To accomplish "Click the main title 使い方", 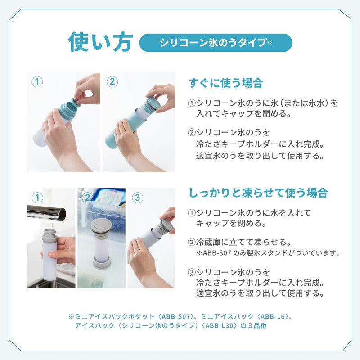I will point(100,42).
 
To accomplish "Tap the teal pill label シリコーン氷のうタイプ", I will point(216,43).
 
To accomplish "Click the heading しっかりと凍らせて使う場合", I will point(258,193).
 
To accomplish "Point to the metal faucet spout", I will point(47,211).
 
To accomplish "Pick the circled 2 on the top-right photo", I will point(113,81).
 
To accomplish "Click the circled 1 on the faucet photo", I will point(37,197).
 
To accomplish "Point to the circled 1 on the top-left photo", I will point(37,81).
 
